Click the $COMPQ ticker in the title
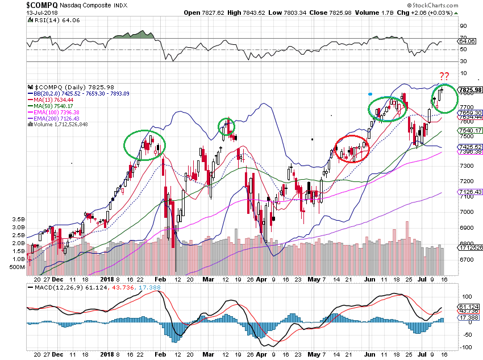41,5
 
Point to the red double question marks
445,77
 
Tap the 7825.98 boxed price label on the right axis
470,90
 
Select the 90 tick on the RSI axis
464,26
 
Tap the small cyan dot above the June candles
370,93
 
